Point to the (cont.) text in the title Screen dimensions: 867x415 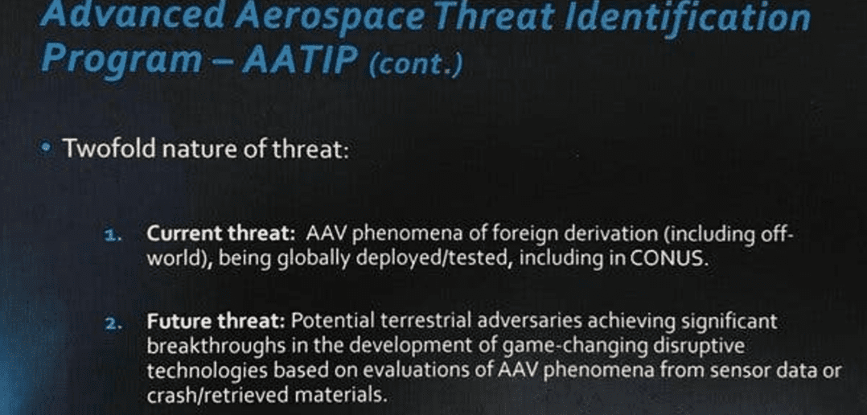pyautogui.click(x=414, y=64)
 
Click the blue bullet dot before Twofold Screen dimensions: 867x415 pyautogui.click(x=46, y=147)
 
